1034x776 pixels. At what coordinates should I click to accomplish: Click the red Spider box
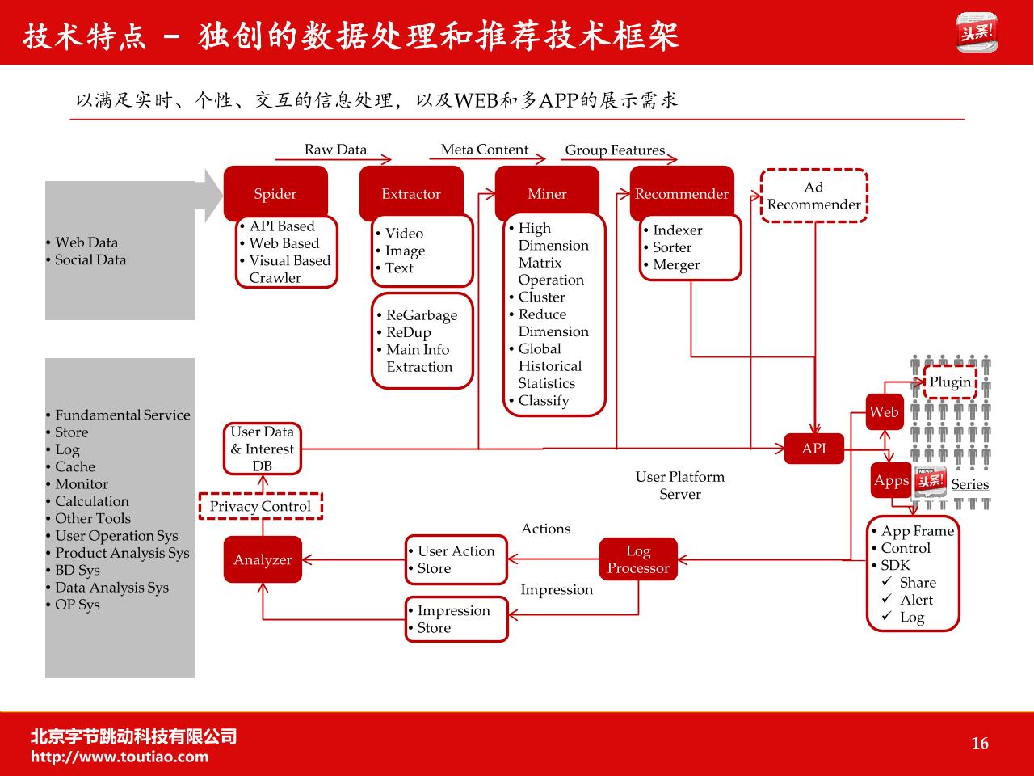click(275, 193)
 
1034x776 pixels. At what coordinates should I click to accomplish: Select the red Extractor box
click(411, 193)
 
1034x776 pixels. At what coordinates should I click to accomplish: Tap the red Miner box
click(547, 193)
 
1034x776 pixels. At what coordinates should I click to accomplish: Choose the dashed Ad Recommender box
click(814, 196)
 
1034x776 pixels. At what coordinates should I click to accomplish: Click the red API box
click(814, 449)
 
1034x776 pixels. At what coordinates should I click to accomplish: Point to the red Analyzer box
click(263, 559)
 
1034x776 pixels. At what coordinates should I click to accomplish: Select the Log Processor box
click(638, 559)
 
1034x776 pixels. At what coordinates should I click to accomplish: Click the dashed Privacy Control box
click(260, 506)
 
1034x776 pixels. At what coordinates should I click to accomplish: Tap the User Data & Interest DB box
click(263, 449)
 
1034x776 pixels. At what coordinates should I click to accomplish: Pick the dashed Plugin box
click(950, 382)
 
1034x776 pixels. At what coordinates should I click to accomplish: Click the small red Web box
click(885, 411)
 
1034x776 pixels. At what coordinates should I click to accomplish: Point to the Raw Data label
click(335, 150)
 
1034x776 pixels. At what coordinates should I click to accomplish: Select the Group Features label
click(615, 150)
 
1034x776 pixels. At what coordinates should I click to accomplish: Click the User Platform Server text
click(679, 485)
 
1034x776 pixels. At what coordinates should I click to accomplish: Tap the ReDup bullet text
click(408, 332)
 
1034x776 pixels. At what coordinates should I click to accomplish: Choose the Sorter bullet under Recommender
click(672, 247)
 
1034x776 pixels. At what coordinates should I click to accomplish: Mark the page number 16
click(980, 743)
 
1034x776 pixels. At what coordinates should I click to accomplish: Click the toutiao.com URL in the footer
click(120, 757)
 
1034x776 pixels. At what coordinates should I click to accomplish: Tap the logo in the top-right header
click(977, 32)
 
